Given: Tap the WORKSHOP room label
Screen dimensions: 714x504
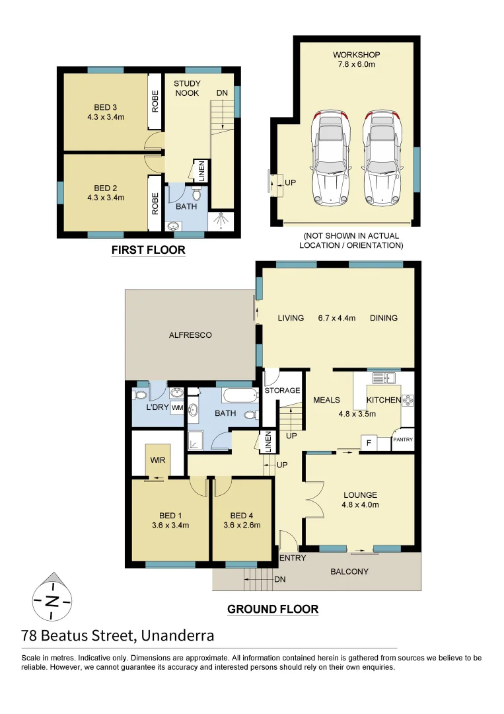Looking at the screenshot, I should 356,54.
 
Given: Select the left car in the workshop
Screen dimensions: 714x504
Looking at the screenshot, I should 330,157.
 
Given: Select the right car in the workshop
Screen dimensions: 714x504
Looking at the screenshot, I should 382,157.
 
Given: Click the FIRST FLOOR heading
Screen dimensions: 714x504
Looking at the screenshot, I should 148,250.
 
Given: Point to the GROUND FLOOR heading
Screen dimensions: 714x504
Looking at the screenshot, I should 273,609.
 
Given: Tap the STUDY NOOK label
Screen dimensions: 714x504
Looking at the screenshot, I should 187,89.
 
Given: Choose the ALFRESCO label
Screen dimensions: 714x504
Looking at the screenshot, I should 190,335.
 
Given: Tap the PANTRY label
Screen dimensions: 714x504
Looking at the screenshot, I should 403,440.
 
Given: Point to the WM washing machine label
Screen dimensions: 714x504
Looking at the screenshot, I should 177,409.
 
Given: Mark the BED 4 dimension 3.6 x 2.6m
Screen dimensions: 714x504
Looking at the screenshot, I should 242,526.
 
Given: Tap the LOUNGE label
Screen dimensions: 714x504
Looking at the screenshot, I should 360,495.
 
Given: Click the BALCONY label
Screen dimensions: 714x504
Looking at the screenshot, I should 349,571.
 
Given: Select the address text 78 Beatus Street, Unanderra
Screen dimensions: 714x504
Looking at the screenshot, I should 118,636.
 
